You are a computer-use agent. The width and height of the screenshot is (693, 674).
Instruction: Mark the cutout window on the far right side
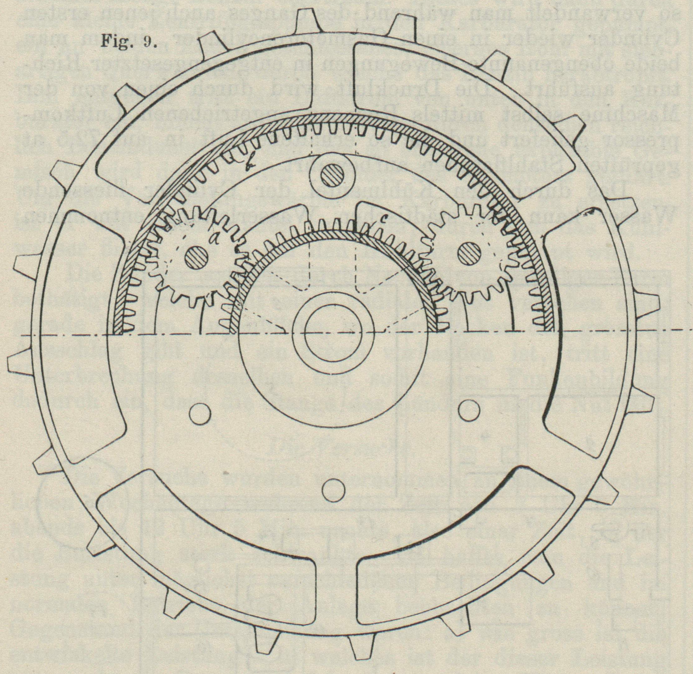pos(580,326)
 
